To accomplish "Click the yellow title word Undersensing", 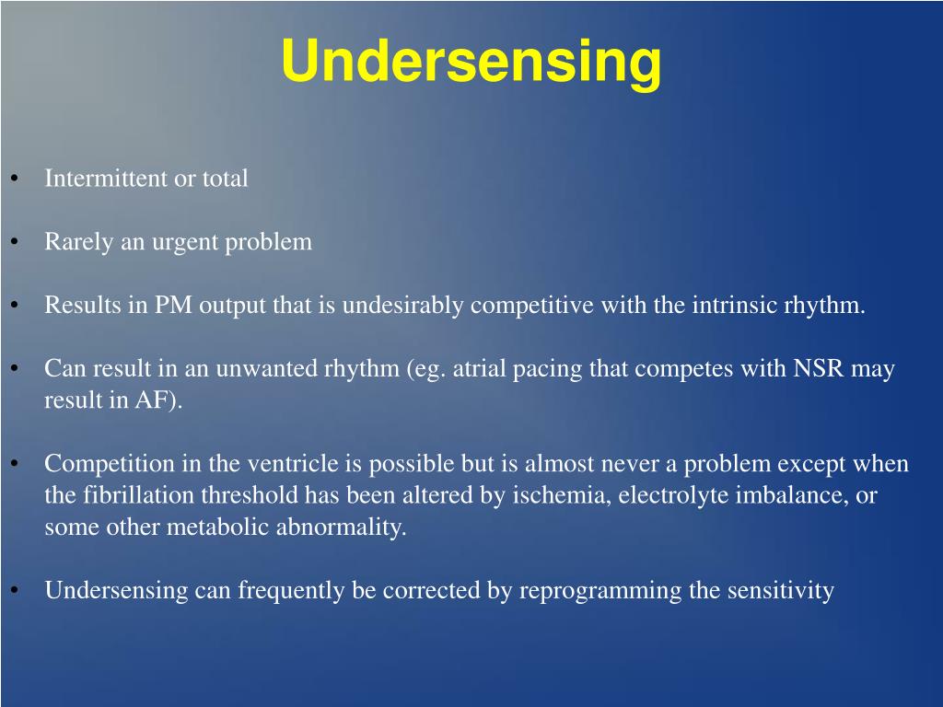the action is coord(471,62).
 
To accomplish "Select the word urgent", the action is coord(184,243).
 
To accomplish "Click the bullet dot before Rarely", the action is coord(15,242).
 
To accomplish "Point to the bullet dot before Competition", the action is coord(15,464).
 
